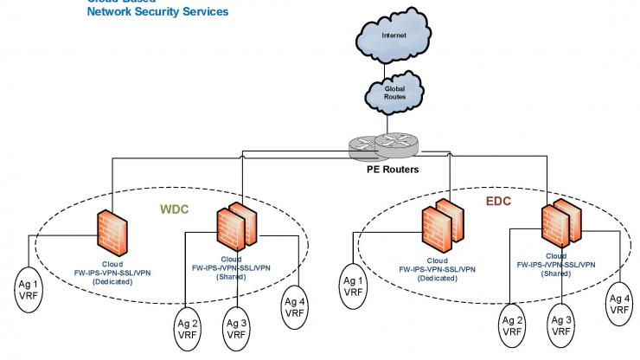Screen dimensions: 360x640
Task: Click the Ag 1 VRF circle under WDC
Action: [31, 287]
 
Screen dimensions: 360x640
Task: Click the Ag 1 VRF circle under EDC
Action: [354, 286]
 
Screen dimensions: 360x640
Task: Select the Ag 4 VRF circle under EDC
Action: [619, 305]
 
